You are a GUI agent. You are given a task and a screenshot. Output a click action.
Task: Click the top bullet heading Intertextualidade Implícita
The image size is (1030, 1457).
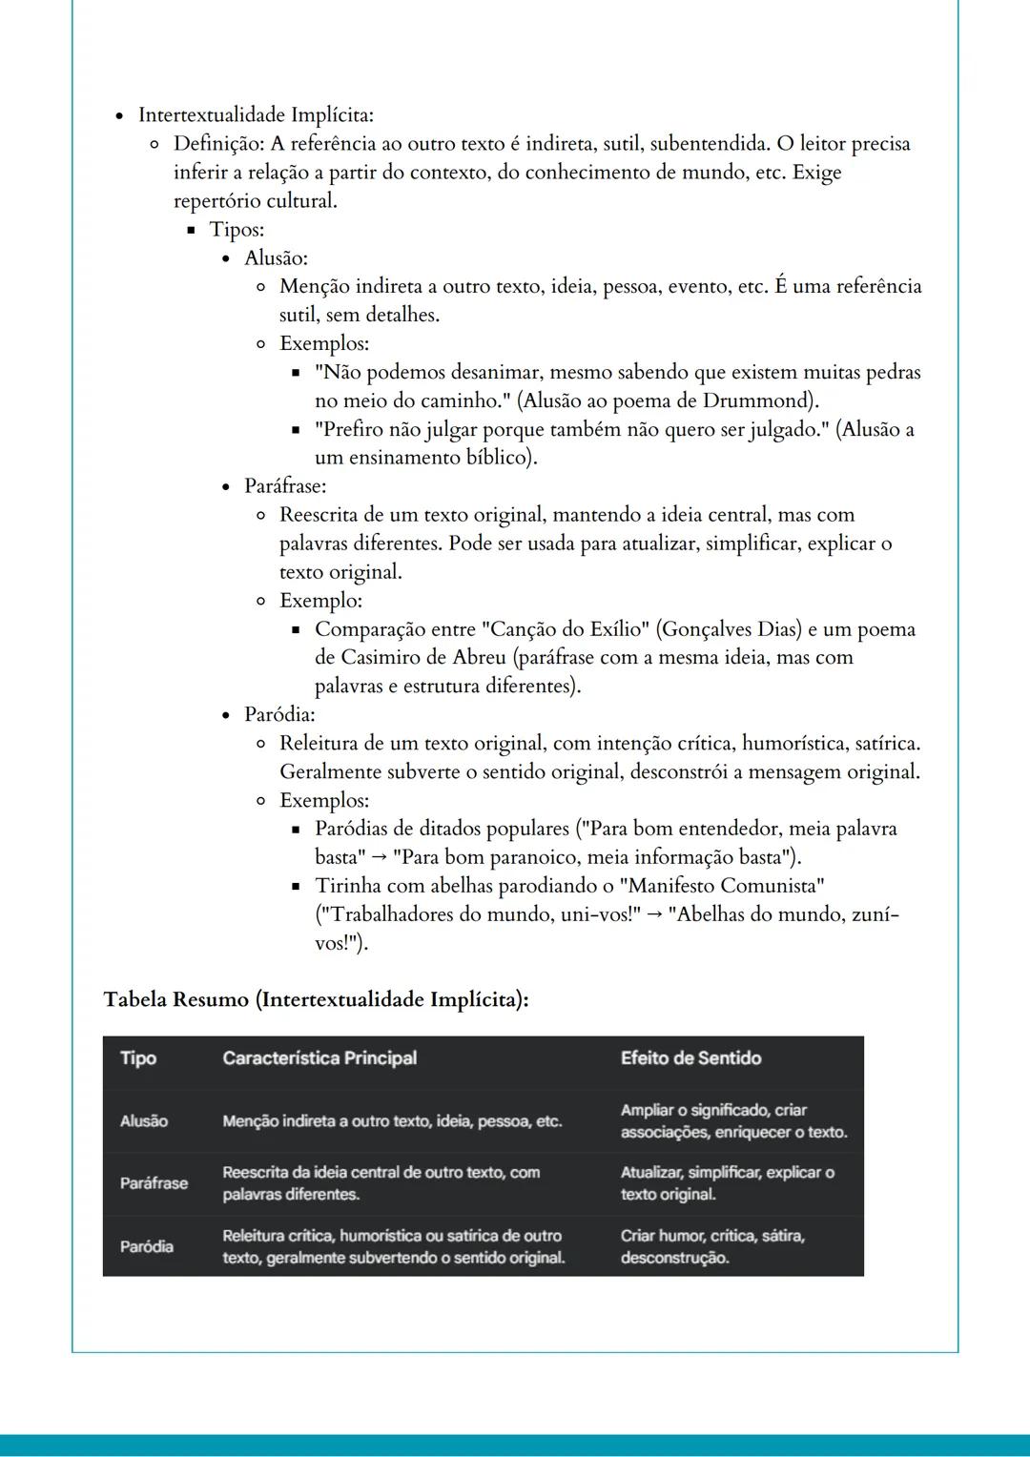point(256,115)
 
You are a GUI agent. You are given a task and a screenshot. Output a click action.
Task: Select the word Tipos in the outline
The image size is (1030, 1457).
point(236,230)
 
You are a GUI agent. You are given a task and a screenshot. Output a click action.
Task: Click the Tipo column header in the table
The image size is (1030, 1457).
point(138,1058)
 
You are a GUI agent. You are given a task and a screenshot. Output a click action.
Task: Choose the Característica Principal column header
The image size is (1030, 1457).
point(319,1058)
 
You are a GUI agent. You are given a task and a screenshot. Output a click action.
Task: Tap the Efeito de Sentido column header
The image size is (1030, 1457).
point(690,1058)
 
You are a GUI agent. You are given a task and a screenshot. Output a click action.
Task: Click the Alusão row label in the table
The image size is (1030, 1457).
point(144,1121)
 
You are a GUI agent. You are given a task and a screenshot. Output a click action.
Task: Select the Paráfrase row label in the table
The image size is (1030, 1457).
point(154,1183)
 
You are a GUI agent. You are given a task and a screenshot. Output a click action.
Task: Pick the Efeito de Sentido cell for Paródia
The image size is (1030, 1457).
point(712,1246)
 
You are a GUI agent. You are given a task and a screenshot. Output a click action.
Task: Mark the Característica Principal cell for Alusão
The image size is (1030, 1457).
point(392,1121)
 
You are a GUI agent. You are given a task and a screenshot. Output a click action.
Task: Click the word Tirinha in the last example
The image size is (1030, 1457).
point(350,886)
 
